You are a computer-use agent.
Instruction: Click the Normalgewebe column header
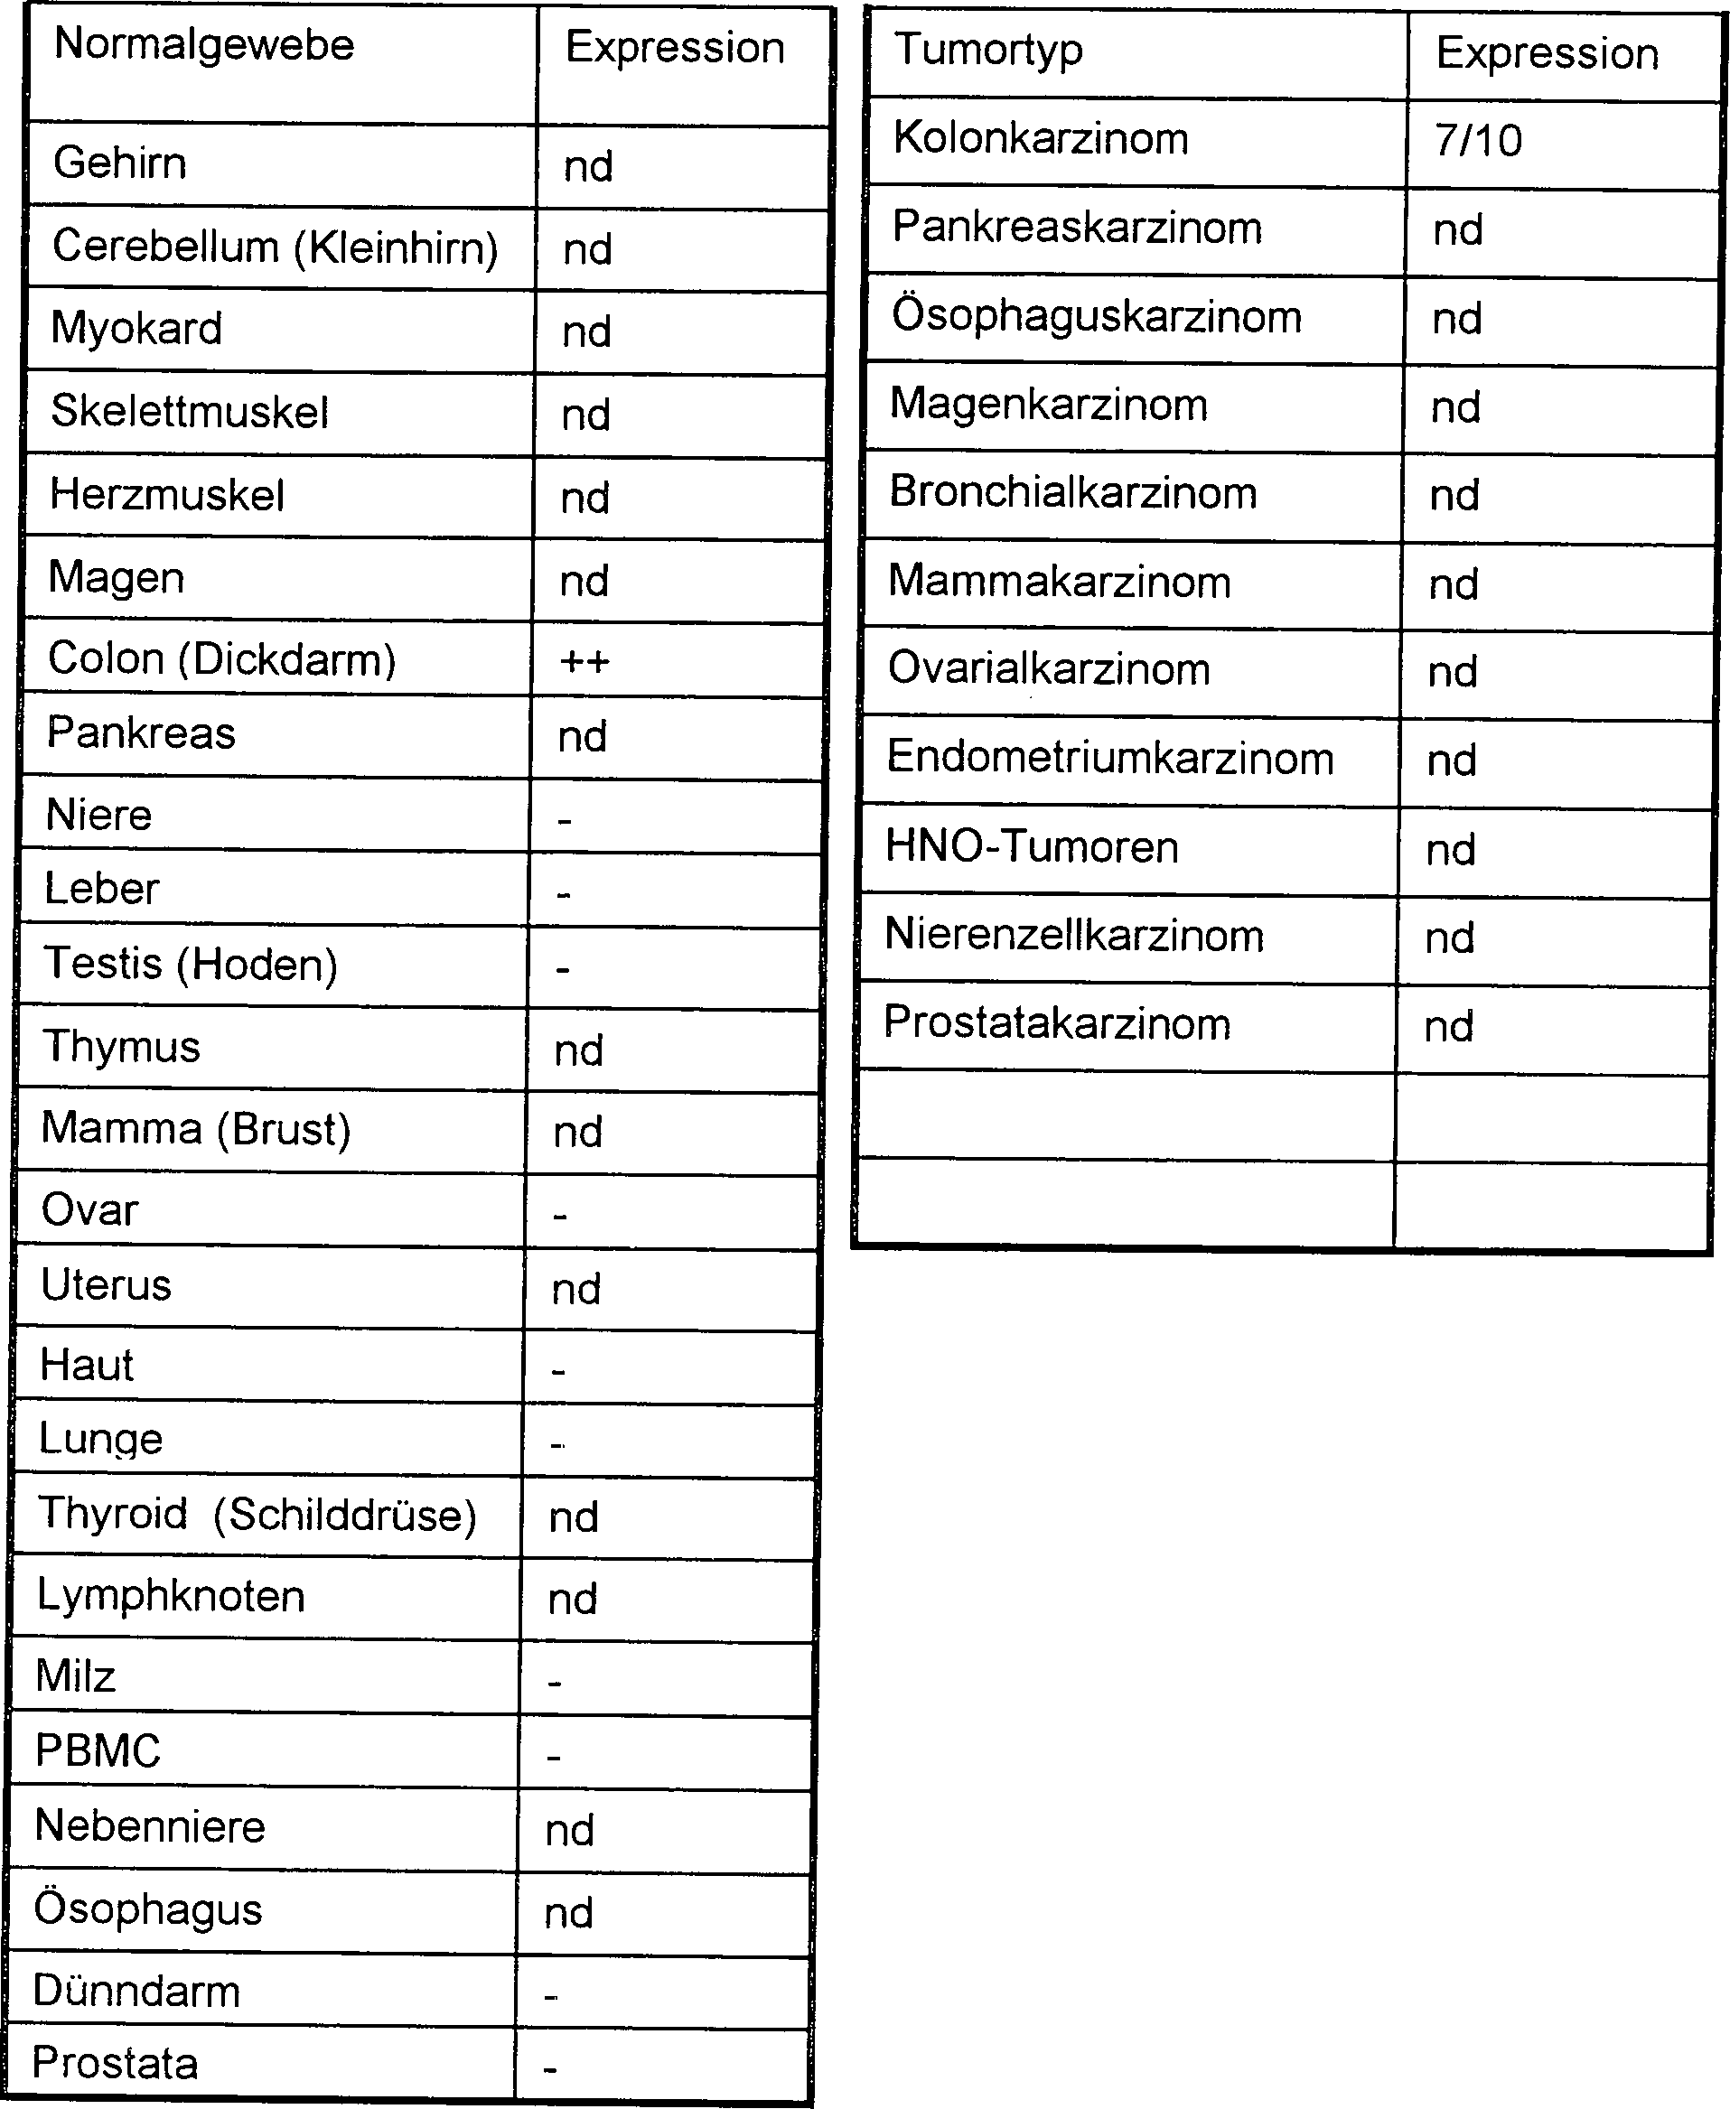pyautogui.click(x=203, y=46)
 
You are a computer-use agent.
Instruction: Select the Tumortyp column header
pyautogui.click(x=987, y=50)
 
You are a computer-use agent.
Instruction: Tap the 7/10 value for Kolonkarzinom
pyautogui.click(x=1478, y=141)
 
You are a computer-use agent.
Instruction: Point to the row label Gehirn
pyautogui.click(x=119, y=163)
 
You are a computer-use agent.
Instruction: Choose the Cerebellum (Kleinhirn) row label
pyautogui.click(x=275, y=247)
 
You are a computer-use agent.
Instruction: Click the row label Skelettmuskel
pyautogui.click(x=190, y=412)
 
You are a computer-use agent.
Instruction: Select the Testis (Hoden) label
pyautogui.click(x=191, y=965)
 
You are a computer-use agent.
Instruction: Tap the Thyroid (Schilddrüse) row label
pyautogui.click(x=257, y=1515)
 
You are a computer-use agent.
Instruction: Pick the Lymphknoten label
pyautogui.click(x=171, y=1596)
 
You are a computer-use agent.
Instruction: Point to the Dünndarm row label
pyautogui.click(x=136, y=1991)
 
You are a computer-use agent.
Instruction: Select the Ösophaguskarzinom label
pyautogui.click(x=1096, y=317)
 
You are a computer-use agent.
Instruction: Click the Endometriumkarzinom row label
pyautogui.click(x=1109, y=758)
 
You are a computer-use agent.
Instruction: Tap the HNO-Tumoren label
pyautogui.click(x=1032, y=847)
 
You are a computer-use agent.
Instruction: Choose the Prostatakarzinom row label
pyautogui.click(x=1056, y=1024)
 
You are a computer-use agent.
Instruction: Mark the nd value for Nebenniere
pyautogui.click(x=569, y=1830)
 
